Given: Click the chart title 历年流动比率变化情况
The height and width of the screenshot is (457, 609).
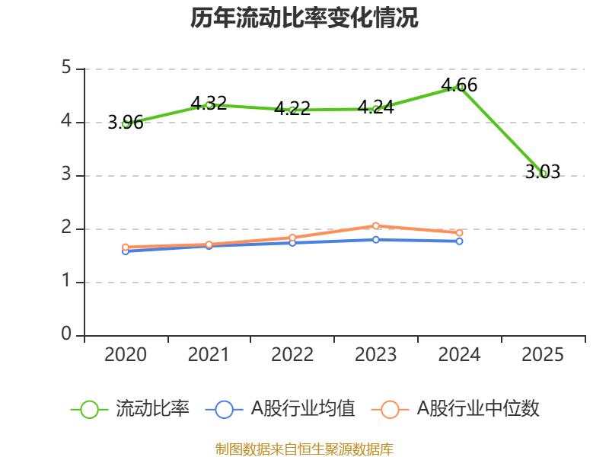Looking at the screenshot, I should pos(304,18).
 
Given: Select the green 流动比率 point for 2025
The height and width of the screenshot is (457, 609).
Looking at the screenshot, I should pos(544,174).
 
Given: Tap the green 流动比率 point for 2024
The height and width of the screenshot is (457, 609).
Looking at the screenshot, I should pos(460,87).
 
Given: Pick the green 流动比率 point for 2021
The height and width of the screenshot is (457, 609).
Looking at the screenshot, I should pos(209,104).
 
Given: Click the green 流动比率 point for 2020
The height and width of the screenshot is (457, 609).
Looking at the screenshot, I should pos(126,123).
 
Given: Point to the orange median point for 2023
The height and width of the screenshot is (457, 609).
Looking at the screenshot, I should pos(376,225).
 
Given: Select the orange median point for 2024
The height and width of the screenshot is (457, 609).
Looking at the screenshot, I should pos(460,232).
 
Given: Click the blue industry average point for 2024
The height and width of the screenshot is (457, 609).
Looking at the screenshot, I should pos(460,241).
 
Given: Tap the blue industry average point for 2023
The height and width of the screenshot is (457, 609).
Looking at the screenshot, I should pos(376,239).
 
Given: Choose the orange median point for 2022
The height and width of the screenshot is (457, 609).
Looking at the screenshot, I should pos(292,238).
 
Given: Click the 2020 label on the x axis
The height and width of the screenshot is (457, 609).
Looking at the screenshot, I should pos(126,355).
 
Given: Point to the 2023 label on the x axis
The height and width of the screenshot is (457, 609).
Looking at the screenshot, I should pos(376,355).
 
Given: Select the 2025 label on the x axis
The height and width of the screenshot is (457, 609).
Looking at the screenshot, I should pos(544,355).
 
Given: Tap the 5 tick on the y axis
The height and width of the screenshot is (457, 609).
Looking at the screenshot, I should pos(67,69).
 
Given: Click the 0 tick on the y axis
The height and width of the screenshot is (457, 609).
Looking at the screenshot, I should pos(67,335).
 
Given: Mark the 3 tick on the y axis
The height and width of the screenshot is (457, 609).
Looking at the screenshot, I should pos(67,175).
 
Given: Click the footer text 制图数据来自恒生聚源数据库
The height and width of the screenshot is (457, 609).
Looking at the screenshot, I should pos(304,449).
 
